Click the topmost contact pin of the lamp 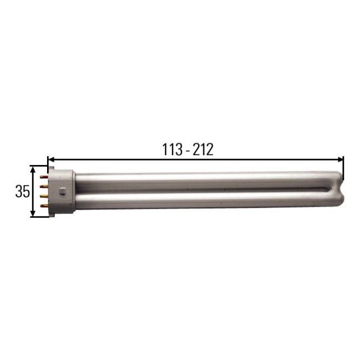coord(44,177)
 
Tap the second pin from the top coord(44,186)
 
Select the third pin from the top coord(44,196)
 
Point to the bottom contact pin coord(44,205)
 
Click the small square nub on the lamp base coord(63,191)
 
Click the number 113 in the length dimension coord(172,150)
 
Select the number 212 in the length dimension coord(203,150)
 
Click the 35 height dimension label coord(22,192)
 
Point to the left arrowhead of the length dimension coord(51,159)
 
